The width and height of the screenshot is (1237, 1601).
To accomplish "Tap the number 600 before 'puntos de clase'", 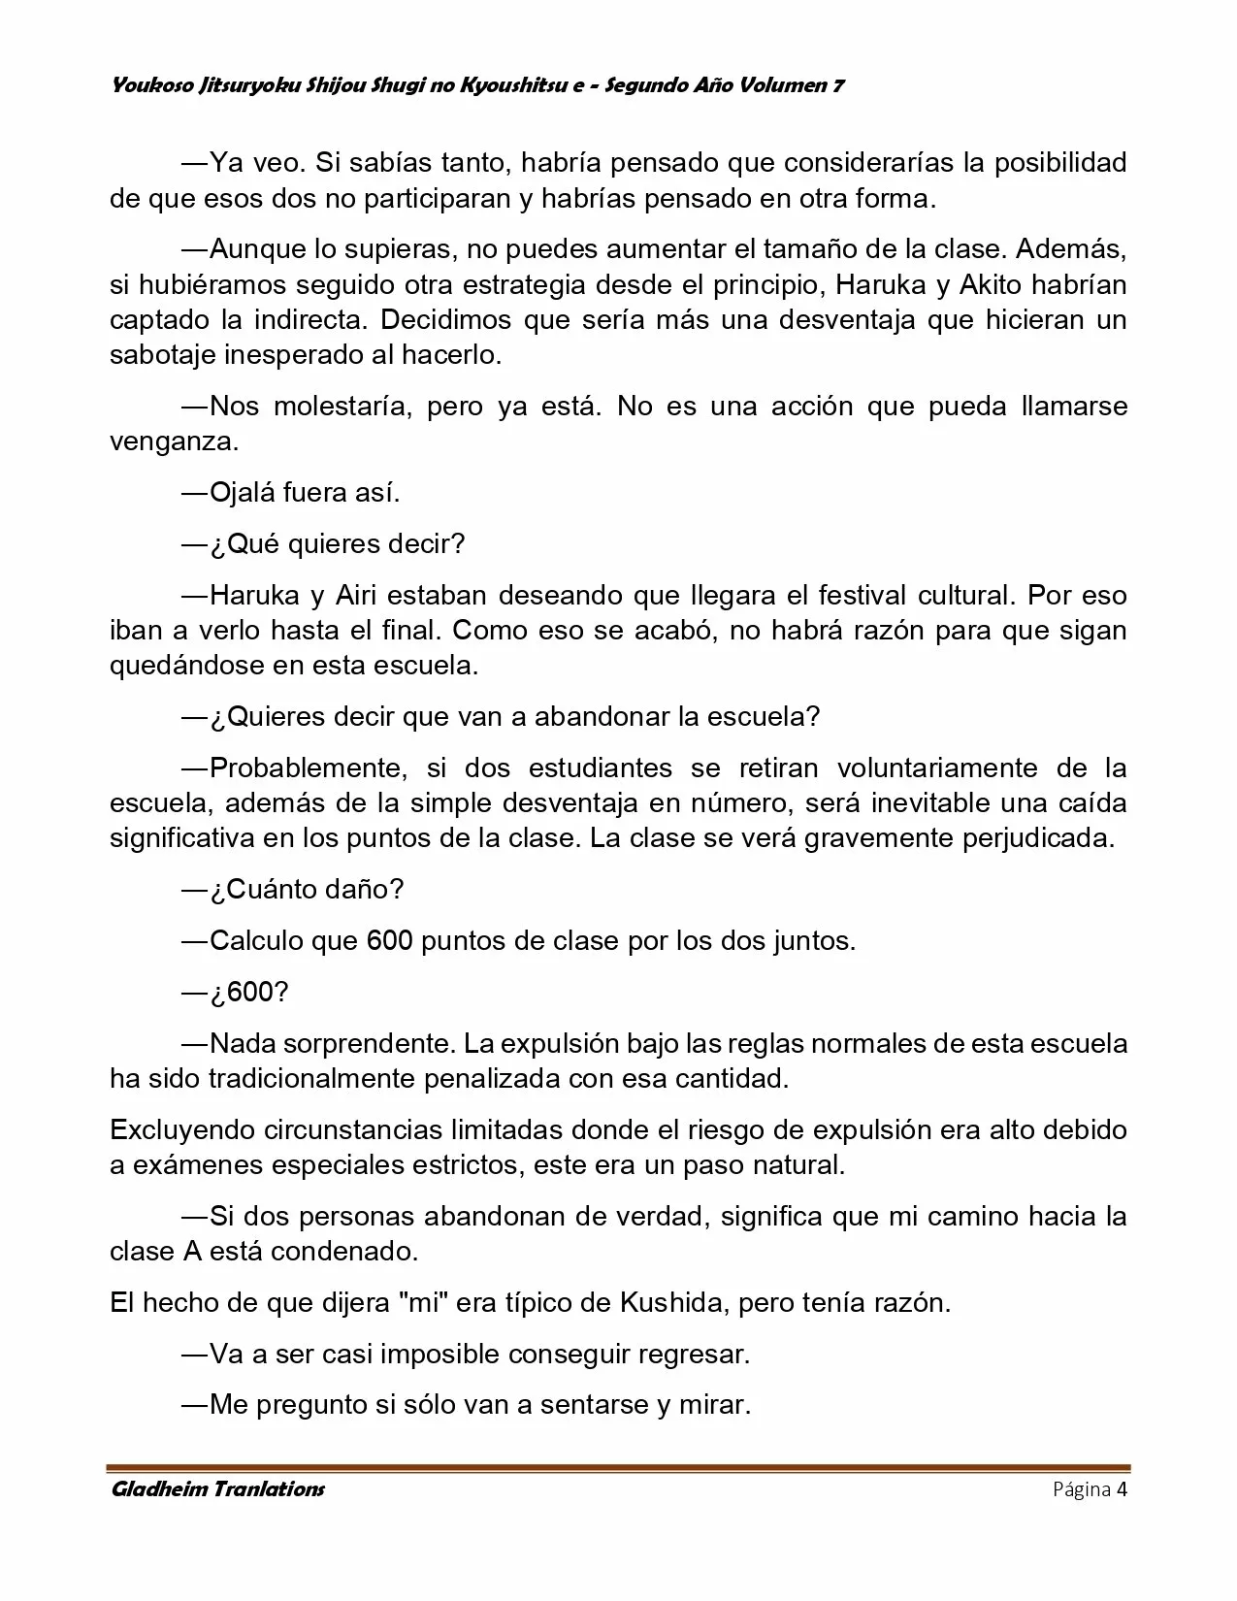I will (390, 941).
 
